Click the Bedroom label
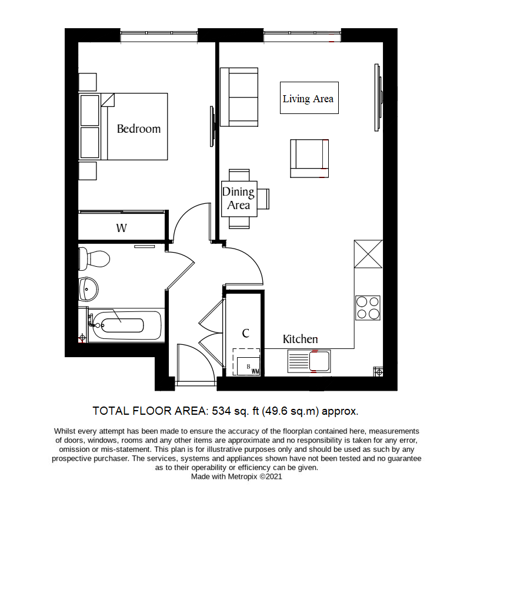(x=138, y=129)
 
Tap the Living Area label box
(x=308, y=98)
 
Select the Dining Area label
(x=238, y=199)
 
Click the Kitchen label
(x=300, y=339)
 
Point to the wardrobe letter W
(x=121, y=228)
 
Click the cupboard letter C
(x=246, y=333)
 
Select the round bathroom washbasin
(x=89, y=288)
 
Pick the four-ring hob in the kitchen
(x=368, y=307)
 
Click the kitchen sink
(x=310, y=361)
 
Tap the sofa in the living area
(x=239, y=97)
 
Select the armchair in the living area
(x=309, y=158)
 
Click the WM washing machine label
(x=255, y=371)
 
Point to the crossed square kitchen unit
(x=368, y=254)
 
